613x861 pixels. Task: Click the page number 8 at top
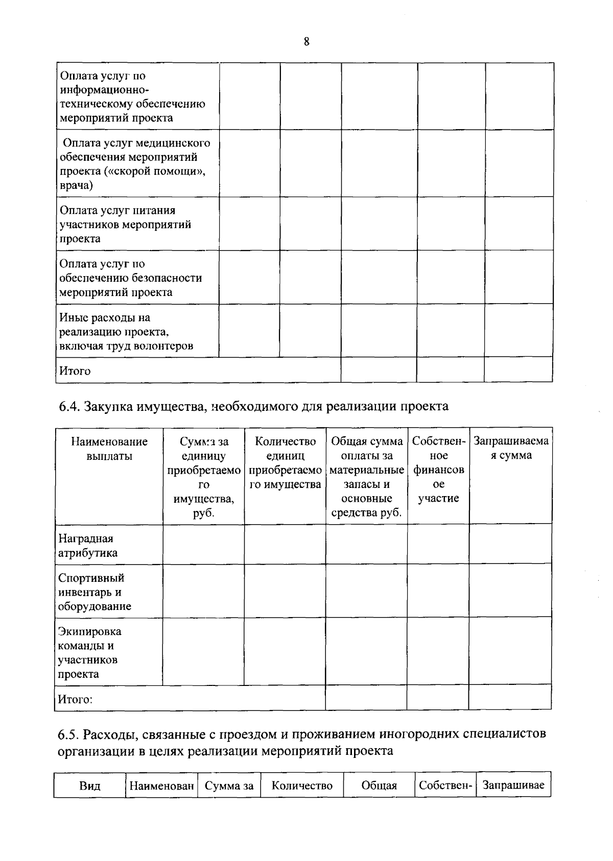(306, 42)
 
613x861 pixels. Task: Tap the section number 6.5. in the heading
(69, 734)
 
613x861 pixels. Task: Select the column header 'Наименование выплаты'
(109, 449)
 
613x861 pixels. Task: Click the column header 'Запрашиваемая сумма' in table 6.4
(511, 448)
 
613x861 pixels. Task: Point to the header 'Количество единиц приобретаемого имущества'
(285, 463)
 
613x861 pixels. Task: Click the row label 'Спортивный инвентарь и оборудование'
(95, 592)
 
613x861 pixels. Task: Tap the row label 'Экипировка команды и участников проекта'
(89, 652)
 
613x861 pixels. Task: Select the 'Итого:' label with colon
(75, 699)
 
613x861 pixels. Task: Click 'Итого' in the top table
(75, 371)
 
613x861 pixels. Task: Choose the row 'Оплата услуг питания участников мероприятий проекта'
(125, 225)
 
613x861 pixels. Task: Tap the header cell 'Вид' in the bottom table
(90, 786)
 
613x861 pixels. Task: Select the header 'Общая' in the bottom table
(379, 786)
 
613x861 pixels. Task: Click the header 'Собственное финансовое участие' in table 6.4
(438, 470)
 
